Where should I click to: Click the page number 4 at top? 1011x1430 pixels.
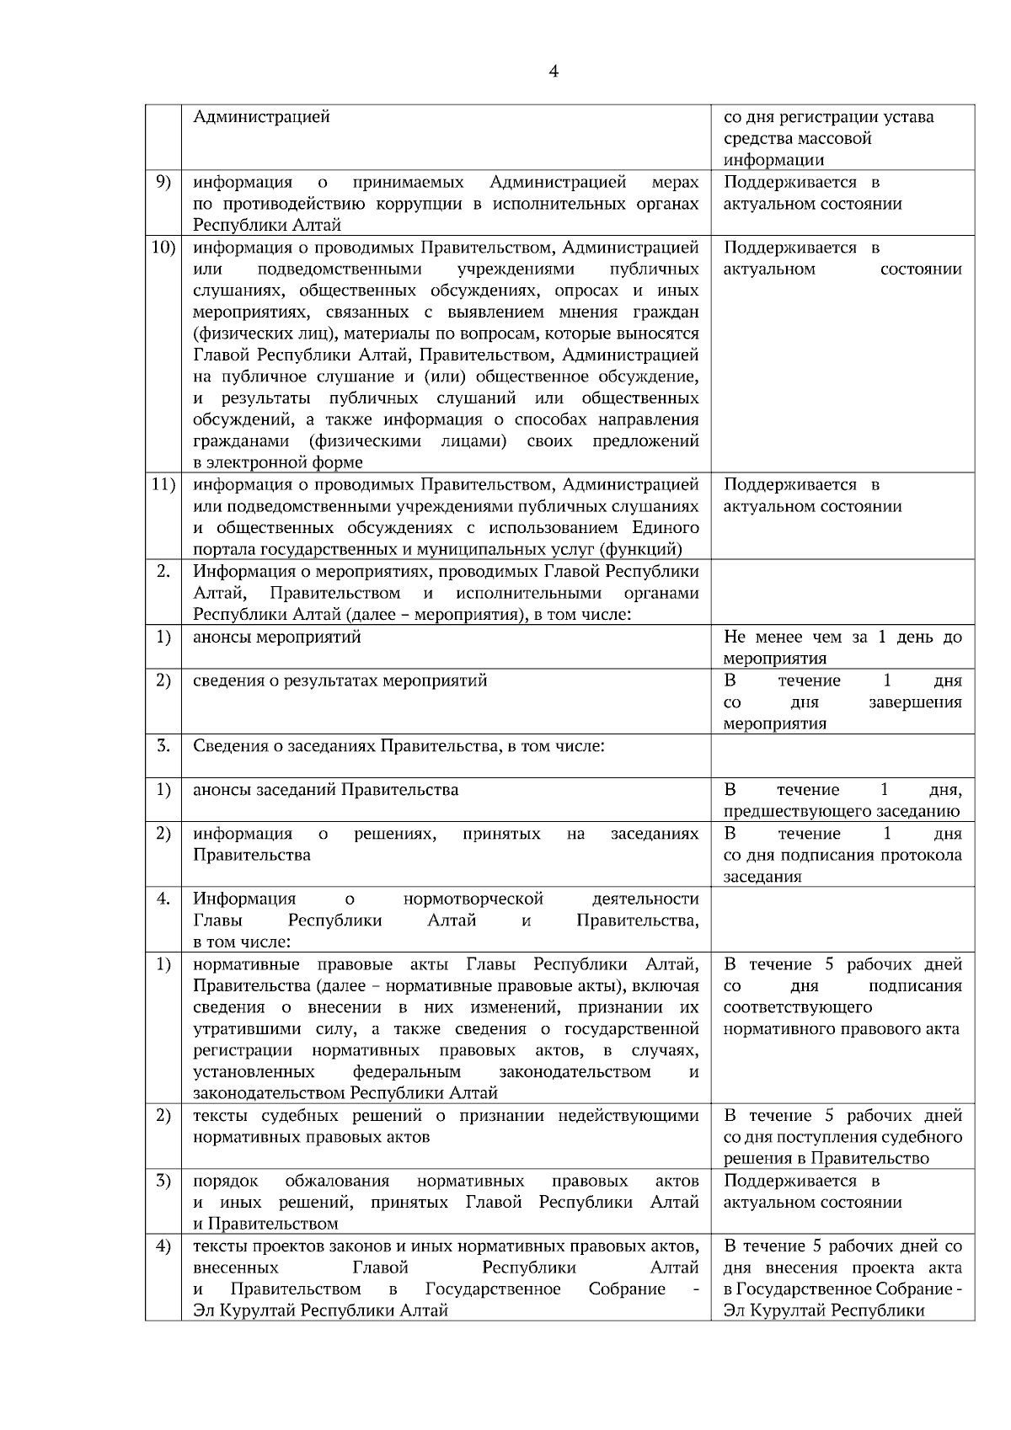point(553,72)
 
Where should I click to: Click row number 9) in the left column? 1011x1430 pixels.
point(163,182)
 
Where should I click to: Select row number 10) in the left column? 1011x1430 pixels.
point(162,248)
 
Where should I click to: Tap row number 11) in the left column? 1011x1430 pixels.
point(162,484)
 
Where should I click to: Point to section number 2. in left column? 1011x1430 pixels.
point(163,572)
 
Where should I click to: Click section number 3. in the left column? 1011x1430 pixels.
point(163,746)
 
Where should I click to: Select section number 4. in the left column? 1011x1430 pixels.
point(163,899)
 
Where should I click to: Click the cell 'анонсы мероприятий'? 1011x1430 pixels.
point(277,638)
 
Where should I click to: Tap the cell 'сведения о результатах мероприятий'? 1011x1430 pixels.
point(340,680)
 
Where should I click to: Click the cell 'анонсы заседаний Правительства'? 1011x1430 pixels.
point(326,790)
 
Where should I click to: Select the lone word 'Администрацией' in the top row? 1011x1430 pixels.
point(261,116)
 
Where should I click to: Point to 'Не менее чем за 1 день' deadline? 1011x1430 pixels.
point(842,638)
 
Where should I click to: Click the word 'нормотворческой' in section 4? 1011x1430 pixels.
point(473,899)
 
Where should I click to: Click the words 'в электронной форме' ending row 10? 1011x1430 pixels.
point(278,462)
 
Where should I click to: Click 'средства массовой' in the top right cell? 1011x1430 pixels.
point(797,138)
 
